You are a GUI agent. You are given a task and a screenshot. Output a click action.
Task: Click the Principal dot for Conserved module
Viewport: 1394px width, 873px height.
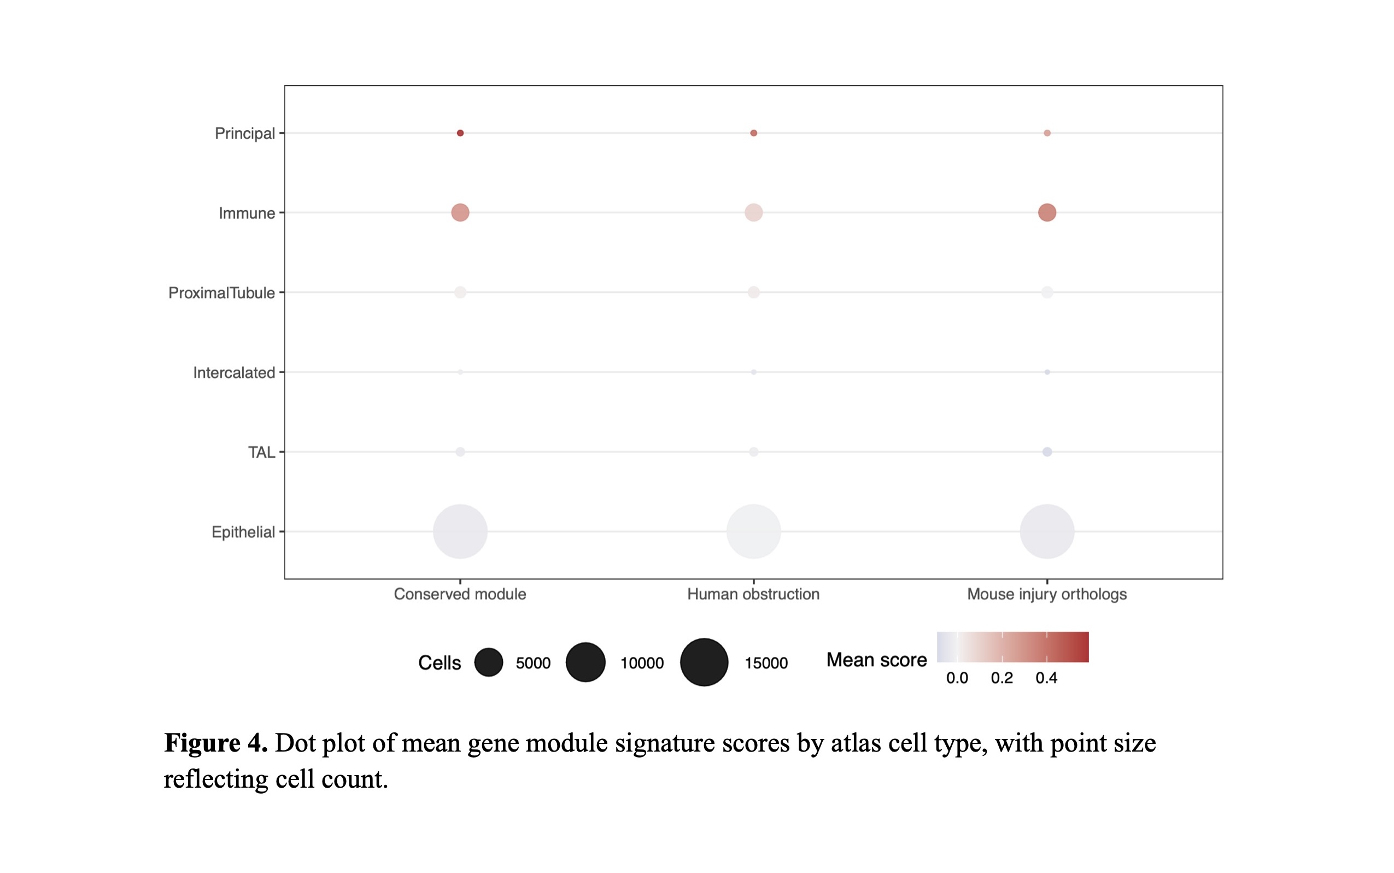(460, 133)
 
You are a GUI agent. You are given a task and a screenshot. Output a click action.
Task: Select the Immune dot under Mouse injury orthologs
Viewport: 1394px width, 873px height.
(1047, 212)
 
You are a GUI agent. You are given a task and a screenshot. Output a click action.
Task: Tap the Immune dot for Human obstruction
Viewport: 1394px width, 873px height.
(753, 212)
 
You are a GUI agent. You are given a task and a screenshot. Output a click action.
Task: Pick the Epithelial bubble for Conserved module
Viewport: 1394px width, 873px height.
(460, 531)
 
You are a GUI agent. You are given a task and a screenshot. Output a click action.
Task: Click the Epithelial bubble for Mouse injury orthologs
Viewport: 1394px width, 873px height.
(1047, 531)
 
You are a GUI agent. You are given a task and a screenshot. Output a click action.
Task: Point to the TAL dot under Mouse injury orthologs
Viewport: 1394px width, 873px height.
(1047, 451)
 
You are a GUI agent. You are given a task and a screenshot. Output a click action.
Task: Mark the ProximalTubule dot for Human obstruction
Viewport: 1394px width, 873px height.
(753, 292)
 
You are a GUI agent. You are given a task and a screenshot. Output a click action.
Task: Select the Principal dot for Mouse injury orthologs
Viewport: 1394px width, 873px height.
(1047, 133)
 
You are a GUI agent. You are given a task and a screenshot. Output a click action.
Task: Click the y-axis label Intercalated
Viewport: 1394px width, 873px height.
(233, 373)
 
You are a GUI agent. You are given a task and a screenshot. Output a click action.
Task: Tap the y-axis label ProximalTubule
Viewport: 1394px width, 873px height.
(221, 293)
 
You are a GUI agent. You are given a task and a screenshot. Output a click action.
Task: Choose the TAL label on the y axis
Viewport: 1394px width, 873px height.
(261, 452)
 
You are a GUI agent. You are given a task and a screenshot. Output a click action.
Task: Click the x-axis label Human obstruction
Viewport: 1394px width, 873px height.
(753, 594)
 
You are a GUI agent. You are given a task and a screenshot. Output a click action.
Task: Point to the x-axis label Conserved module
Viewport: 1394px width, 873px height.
(460, 594)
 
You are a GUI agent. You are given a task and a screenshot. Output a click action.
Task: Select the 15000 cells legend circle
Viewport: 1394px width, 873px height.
(704, 662)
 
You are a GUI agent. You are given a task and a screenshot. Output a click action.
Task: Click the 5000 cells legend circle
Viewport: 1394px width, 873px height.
(489, 662)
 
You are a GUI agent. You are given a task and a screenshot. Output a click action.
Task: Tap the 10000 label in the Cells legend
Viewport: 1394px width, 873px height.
(642, 663)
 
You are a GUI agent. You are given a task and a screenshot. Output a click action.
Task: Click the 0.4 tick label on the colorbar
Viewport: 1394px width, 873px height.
(1046, 678)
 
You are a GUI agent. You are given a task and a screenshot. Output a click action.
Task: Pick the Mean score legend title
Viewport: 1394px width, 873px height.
(876, 660)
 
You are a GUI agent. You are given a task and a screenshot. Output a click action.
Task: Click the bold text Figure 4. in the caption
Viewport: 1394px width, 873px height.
(216, 743)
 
